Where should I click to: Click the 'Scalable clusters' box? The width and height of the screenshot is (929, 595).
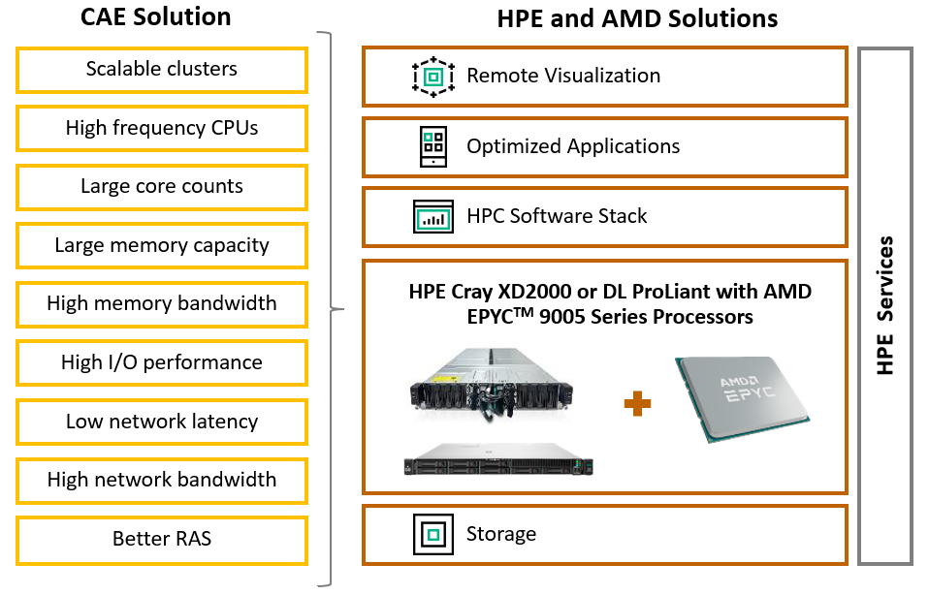pos(162,70)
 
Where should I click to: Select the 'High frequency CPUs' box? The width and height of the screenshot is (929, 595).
pos(162,128)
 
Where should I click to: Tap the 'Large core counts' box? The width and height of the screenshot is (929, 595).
pos(162,187)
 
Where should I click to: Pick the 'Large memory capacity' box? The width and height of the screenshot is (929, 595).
pos(162,245)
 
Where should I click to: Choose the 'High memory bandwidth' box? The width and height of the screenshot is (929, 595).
pos(162,304)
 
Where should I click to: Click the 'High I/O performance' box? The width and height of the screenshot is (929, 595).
pos(162,362)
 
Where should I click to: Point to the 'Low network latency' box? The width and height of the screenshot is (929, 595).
pos(162,422)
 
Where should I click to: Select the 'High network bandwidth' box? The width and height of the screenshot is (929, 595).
pos(162,480)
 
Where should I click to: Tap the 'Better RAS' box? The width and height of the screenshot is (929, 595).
pos(162,539)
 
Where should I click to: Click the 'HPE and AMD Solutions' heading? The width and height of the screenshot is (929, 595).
pos(637,18)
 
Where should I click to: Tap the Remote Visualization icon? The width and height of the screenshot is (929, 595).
pos(432,77)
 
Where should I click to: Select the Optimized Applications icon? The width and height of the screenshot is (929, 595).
pos(432,147)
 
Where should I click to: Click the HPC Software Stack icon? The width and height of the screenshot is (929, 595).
pos(432,217)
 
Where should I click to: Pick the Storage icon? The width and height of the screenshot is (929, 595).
pos(432,534)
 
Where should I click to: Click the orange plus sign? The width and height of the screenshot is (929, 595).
pos(636,402)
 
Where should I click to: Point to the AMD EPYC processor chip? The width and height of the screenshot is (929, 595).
pos(742,398)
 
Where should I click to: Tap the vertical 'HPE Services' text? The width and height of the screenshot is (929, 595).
pos(884,305)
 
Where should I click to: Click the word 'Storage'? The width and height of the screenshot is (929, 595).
pos(500,534)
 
